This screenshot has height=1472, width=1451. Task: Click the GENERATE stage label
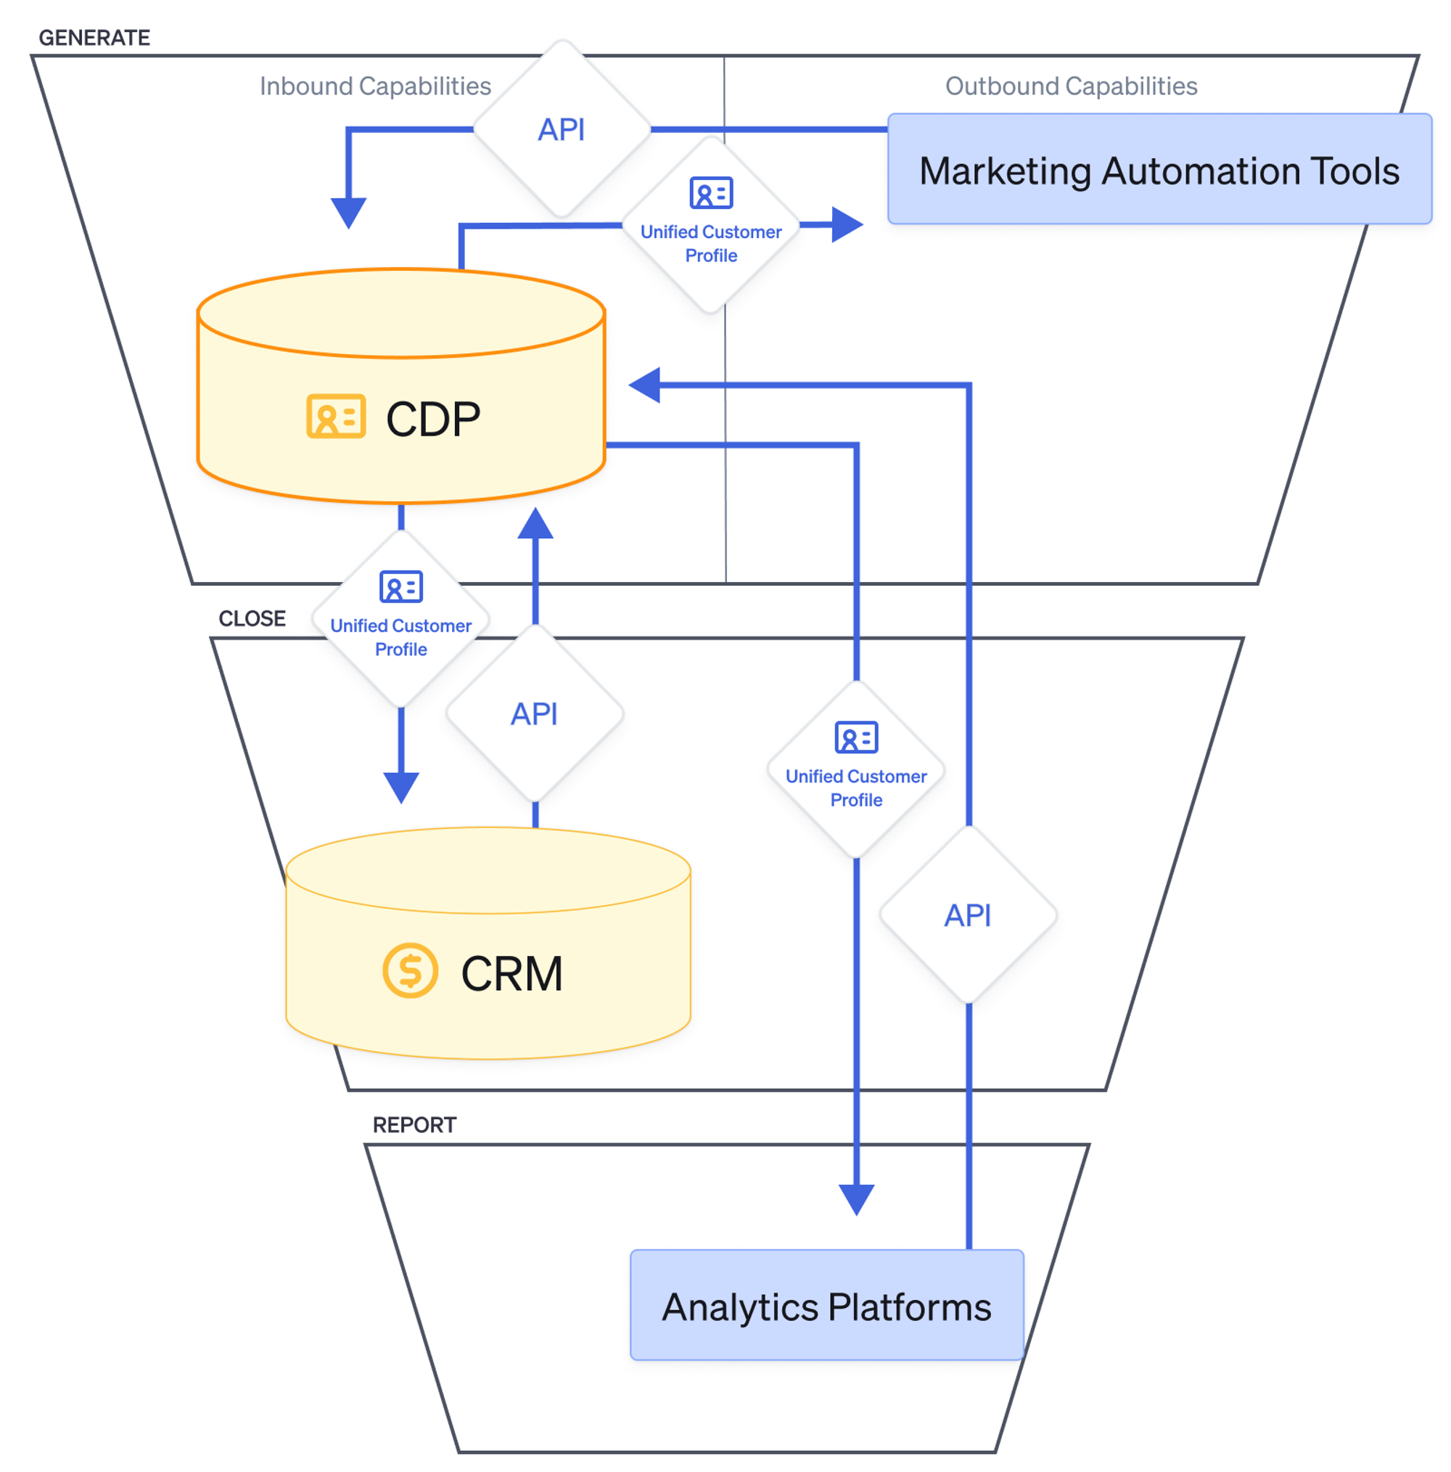click(x=94, y=38)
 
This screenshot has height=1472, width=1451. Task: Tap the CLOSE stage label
click(x=252, y=618)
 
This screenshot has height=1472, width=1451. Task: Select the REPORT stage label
click(x=414, y=1124)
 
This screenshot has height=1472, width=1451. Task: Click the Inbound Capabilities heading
click(x=375, y=86)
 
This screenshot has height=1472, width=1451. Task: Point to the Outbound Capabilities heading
click(x=1070, y=86)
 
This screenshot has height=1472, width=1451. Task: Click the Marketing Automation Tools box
click(x=1159, y=169)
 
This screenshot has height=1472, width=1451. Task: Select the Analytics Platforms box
click(x=826, y=1307)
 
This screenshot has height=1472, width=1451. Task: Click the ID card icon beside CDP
click(x=336, y=416)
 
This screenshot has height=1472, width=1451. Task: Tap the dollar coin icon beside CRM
click(x=410, y=970)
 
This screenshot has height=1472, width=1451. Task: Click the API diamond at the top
click(x=562, y=129)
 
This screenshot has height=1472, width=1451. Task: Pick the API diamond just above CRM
click(x=535, y=714)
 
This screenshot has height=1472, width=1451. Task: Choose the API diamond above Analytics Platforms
click(x=967, y=915)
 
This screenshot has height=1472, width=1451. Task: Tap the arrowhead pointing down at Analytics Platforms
click(x=856, y=1198)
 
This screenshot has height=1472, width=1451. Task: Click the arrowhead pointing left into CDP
click(x=646, y=385)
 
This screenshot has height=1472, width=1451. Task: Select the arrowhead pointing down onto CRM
click(x=401, y=786)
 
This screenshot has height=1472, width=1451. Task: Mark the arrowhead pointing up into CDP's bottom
click(x=535, y=525)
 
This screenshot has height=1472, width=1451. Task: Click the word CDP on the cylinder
click(x=432, y=419)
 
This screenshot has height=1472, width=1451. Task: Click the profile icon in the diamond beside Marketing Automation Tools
click(x=711, y=193)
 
